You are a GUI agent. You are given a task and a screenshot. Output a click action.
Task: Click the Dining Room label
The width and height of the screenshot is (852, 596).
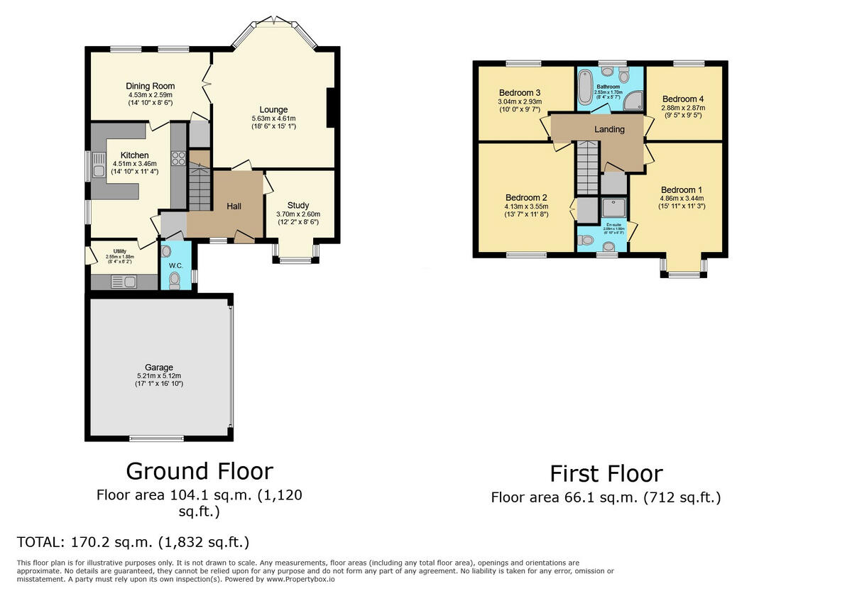pos(151,86)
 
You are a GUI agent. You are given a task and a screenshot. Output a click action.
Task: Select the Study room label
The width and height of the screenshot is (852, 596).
pos(298,205)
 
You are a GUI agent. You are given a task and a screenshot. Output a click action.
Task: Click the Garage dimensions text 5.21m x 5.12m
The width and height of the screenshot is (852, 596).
pos(160,376)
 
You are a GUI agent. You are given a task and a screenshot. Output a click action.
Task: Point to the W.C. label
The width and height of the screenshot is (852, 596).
pos(176,265)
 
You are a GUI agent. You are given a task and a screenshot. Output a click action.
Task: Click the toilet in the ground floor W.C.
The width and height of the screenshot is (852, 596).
pos(175,281)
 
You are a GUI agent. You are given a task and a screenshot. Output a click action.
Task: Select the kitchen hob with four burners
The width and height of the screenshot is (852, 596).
pos(178,159)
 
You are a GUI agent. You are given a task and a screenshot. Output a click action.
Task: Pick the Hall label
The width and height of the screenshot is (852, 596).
pos(234,206)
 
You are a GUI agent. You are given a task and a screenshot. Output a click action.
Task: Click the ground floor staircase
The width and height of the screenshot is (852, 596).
pos(200,186)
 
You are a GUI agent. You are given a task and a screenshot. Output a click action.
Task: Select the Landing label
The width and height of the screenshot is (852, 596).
pos(609,129)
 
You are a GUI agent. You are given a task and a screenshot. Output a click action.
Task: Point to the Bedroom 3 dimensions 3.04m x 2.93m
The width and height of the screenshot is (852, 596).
pos(520,101)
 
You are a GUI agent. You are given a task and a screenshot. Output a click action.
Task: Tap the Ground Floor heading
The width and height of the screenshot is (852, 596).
pos(199,470)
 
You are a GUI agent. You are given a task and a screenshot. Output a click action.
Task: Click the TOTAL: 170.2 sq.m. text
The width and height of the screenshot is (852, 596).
pos(133,543)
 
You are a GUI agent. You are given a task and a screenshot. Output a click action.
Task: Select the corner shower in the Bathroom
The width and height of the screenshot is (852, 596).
pos(631,103)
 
